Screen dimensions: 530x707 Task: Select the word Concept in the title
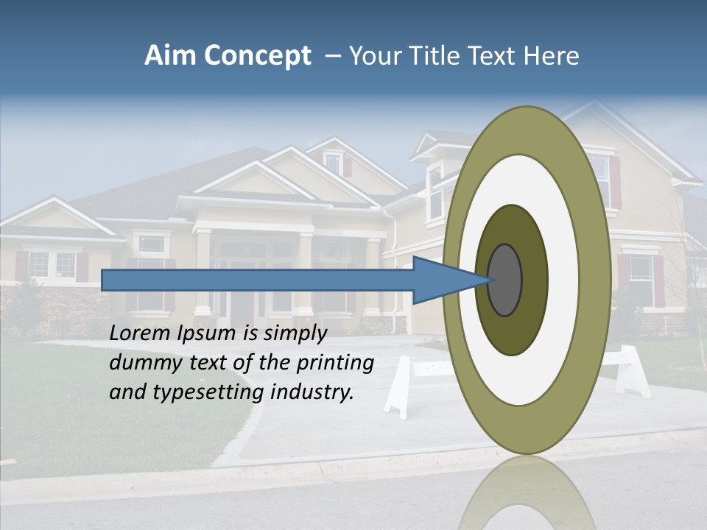(257, 57)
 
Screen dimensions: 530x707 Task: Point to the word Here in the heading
(552, 56)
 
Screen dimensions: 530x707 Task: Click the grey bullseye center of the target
(504, 280)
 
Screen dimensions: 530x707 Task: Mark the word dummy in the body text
(141, 362)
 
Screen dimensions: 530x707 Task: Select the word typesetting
(208, 392)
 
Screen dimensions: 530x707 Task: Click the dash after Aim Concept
(332, 56)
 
